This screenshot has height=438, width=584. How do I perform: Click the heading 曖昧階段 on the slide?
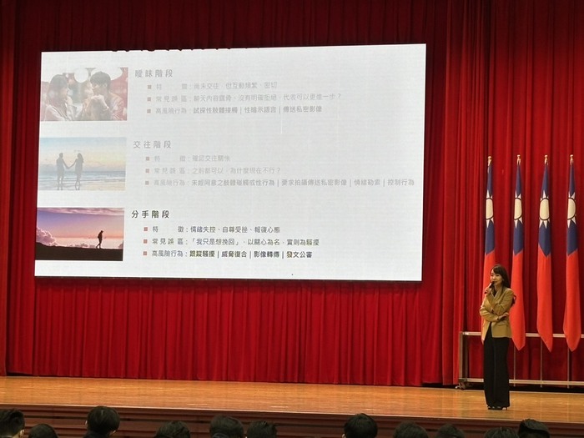[x=153, y=73]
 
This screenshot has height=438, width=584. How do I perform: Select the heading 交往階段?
[x=152, y=143]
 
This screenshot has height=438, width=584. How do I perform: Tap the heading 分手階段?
[x=151, y=214]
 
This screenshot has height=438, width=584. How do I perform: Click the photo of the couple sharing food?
[x=83, y=94]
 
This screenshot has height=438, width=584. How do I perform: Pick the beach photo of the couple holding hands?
[x=82, y=164]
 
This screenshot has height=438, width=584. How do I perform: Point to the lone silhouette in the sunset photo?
[x=100, y=239]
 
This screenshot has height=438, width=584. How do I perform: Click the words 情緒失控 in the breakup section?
[x=204, y=228]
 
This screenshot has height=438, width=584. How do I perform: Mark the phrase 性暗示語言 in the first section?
[x=260, y=109]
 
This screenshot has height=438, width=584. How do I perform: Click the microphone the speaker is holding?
[x=491, y=289]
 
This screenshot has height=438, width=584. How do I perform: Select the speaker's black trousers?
[x=496, y=371]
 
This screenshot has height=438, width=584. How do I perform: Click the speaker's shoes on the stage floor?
[x=497, y=406]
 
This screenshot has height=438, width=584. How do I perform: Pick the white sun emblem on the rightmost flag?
[x=572, y=209]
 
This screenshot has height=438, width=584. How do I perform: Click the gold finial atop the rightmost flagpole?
[x=572, y=159]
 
